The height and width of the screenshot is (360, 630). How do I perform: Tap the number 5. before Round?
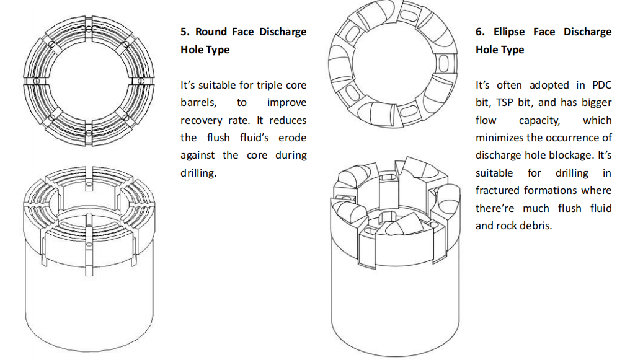click(184, 32)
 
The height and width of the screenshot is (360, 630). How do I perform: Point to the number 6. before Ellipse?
click(480, 32)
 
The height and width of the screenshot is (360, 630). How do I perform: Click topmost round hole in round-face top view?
click(89, 30)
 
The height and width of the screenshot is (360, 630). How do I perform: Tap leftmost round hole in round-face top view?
click(37, 81)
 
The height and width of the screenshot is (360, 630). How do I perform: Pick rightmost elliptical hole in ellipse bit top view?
click(443, 63)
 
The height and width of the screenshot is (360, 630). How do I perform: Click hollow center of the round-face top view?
click(89, 81)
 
